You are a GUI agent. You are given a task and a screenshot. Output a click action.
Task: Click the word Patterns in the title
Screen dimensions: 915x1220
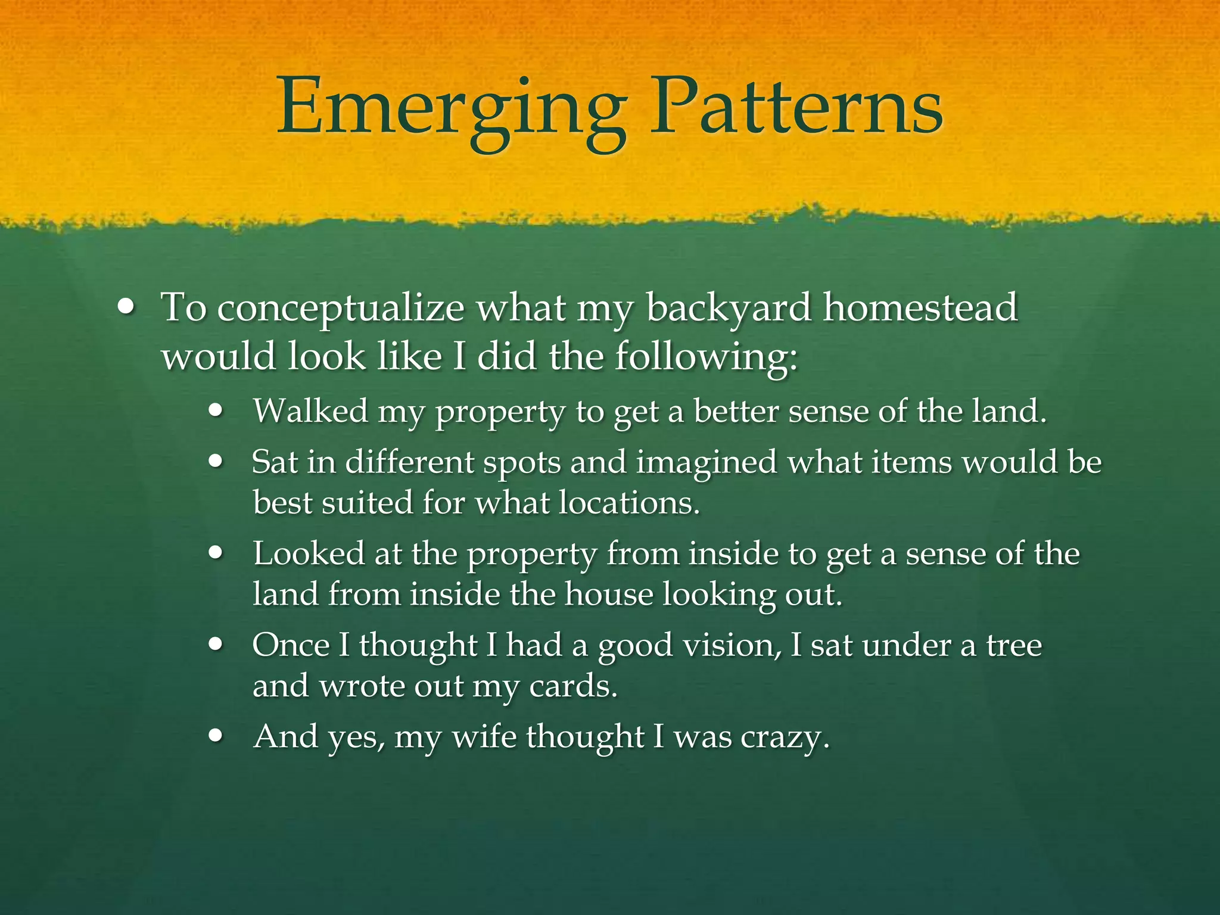795,107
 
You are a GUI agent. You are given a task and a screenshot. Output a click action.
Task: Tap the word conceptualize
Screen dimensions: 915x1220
340,309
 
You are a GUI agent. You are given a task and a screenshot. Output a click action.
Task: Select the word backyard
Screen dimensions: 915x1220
729,309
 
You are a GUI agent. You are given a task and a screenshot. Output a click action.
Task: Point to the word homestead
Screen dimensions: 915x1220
920,308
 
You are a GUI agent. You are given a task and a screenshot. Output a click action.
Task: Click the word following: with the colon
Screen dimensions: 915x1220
706,358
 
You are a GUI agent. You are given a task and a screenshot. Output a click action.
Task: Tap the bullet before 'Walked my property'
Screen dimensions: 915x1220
216,411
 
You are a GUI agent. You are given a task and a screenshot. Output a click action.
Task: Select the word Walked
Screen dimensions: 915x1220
310,411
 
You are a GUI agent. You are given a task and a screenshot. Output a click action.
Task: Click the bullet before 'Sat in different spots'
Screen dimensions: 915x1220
216,462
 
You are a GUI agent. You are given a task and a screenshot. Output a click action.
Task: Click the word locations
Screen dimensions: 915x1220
628,503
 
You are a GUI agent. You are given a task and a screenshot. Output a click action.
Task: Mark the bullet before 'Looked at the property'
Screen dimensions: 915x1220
216,553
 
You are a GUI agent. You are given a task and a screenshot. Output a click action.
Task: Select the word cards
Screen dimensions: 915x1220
572,686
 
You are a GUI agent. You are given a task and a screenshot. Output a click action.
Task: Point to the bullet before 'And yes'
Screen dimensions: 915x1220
216,736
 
